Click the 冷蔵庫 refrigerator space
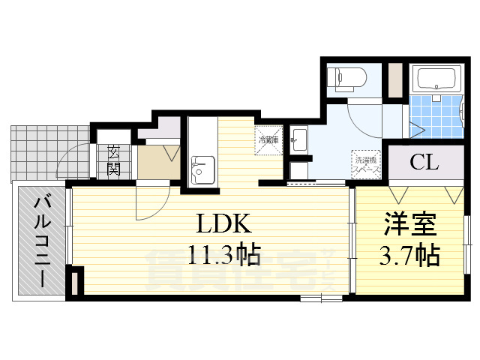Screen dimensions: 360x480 (268, 139)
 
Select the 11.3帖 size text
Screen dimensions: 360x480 (223, 256)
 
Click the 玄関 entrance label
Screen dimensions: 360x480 (114, 160)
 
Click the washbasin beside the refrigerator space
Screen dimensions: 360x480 (298, 139)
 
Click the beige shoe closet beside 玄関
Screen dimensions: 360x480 (158, 160)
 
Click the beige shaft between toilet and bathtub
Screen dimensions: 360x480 (394, 77)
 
